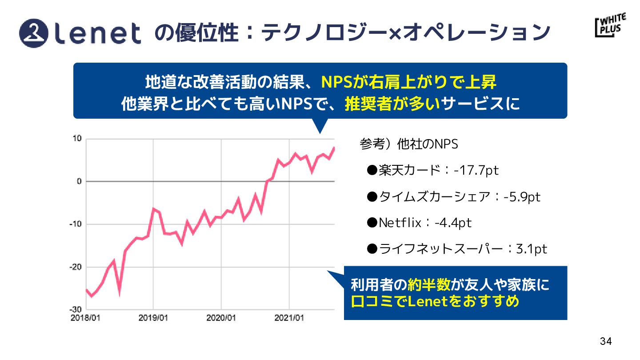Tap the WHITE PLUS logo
coord(610,26)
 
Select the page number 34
coord(606,341)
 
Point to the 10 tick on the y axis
coord(77,139)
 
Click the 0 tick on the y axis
coord(79,181)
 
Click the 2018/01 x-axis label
coord(86,318)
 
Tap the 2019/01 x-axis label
coord(153,318)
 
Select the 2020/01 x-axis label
coord(221,318)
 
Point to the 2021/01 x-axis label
coord(289,318)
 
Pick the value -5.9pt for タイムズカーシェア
coord(522,196)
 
